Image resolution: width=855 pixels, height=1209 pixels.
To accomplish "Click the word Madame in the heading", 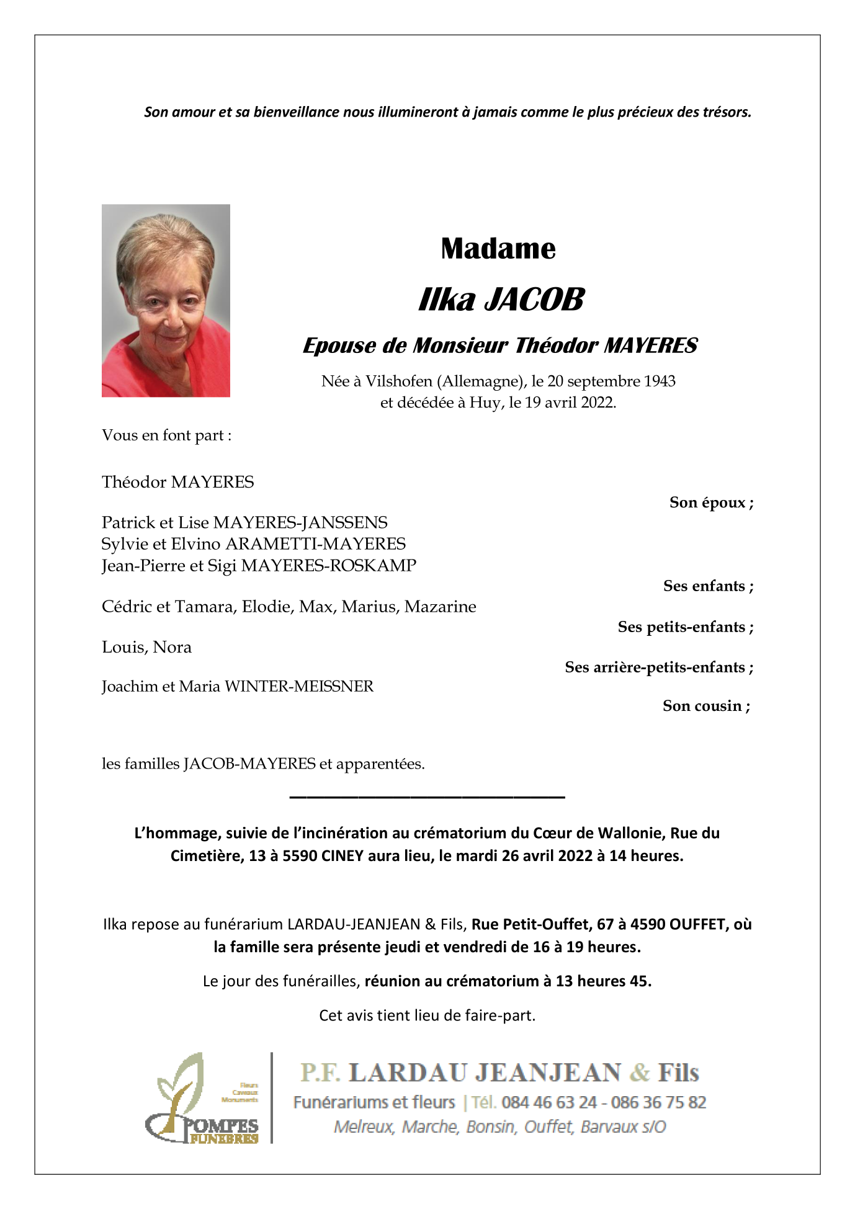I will (498, 249).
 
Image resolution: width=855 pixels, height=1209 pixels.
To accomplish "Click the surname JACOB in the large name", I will (534, 300).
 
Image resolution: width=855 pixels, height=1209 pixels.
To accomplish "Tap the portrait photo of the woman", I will (166, 300).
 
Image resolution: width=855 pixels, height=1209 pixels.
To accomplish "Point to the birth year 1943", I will (659, 381).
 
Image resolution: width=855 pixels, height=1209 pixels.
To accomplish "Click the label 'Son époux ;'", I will (711, 502).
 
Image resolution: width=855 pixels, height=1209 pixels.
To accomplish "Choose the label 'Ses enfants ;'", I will (708, 586).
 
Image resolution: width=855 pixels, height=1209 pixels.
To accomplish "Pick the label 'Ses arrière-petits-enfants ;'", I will (659, 667).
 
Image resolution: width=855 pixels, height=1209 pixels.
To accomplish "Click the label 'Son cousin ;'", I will (706, 706).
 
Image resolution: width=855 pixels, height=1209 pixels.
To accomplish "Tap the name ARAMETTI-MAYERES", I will (315, 544).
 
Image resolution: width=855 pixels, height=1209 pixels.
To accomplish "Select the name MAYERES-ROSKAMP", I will (328, 566).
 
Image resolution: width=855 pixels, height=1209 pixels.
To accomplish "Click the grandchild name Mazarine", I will (440, 607).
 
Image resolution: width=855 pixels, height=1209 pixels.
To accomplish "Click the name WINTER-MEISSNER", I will (298, 687).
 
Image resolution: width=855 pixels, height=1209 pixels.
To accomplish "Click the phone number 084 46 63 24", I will (549, 1102).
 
